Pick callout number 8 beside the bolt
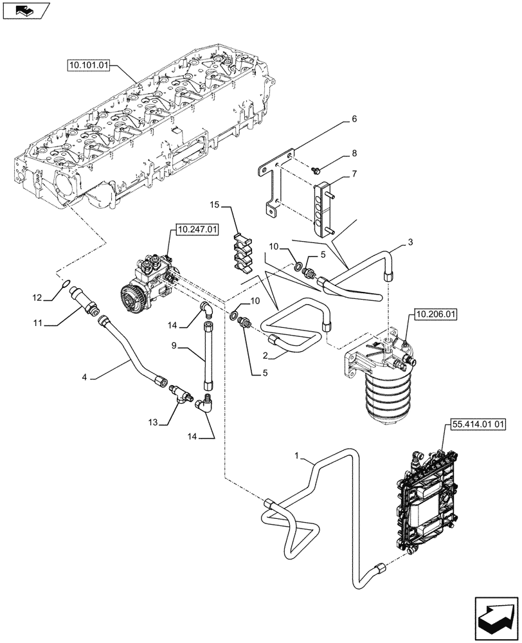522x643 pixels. point(354,154)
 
